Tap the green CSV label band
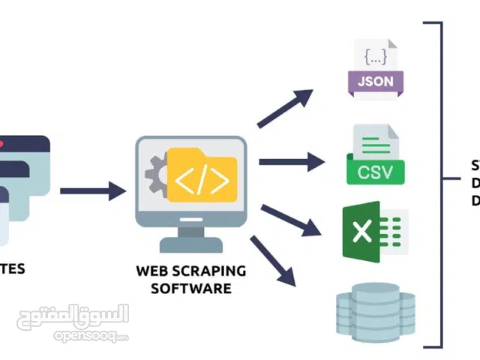click(375, 172)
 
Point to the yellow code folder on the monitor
click(202, 176)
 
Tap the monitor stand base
click(190, 245)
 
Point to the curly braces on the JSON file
click(375, 55)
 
